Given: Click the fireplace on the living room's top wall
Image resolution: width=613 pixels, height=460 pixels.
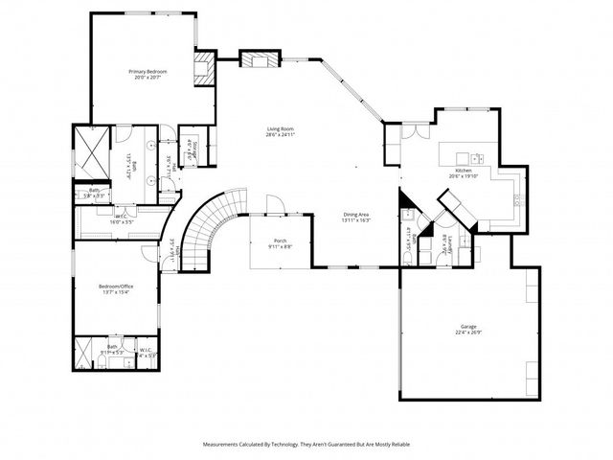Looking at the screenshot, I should [x=260, y=59].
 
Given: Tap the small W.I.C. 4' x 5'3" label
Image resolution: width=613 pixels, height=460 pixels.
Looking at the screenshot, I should [x=146, y=351].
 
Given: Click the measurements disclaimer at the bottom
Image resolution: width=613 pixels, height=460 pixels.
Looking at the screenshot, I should [x=306, y=445].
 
